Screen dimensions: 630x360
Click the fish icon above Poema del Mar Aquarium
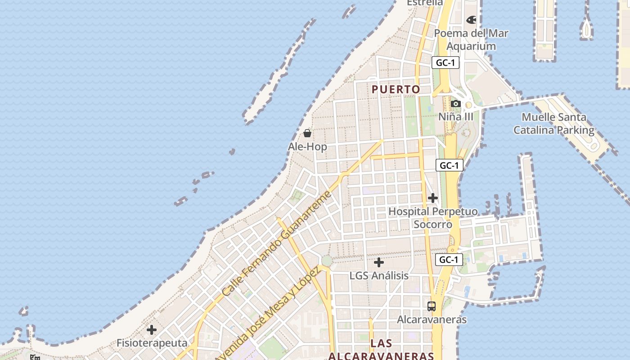coord(471,20)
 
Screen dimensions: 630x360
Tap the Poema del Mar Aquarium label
coord(471,40)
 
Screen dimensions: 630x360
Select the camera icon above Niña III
coord(456,104)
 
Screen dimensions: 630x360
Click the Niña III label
coord(456,117)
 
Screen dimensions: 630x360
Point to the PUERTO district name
coord(396,89)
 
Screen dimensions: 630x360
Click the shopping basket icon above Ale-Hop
coord(307,133)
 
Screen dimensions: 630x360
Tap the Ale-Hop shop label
coord(307,147)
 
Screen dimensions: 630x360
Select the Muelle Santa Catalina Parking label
coord(554,124)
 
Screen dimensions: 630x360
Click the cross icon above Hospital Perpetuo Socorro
coord(433,198)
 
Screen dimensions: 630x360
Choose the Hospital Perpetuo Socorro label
coord(433,217)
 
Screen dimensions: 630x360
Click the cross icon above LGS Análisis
coord(379,262)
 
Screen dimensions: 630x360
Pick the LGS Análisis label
coord(379,275)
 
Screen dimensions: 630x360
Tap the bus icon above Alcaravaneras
coord(432,306)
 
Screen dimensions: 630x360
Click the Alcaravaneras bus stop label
coord(432,319)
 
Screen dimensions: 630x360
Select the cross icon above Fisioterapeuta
coord(152,330)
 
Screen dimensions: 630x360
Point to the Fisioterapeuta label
coord(152,343)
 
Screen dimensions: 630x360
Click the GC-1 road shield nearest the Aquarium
coord(445,63)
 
